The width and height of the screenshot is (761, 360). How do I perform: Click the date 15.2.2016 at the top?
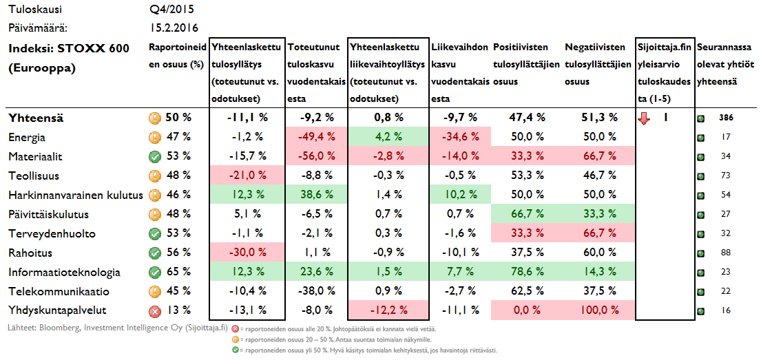[x=174, y=28]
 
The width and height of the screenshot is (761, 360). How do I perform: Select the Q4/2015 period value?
[x=171, y=10]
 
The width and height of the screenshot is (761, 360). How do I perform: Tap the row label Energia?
[x=27, y=138]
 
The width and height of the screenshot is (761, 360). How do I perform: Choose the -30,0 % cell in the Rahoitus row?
[x=246, y=253]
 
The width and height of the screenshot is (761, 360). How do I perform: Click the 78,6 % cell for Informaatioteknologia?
[x=526, y=272]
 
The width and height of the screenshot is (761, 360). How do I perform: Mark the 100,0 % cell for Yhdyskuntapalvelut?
[x=596, y=310]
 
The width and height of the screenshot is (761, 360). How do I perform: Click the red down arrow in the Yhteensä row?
[x=644, y=118]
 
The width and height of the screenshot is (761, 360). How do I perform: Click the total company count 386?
[x=726, y=118]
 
